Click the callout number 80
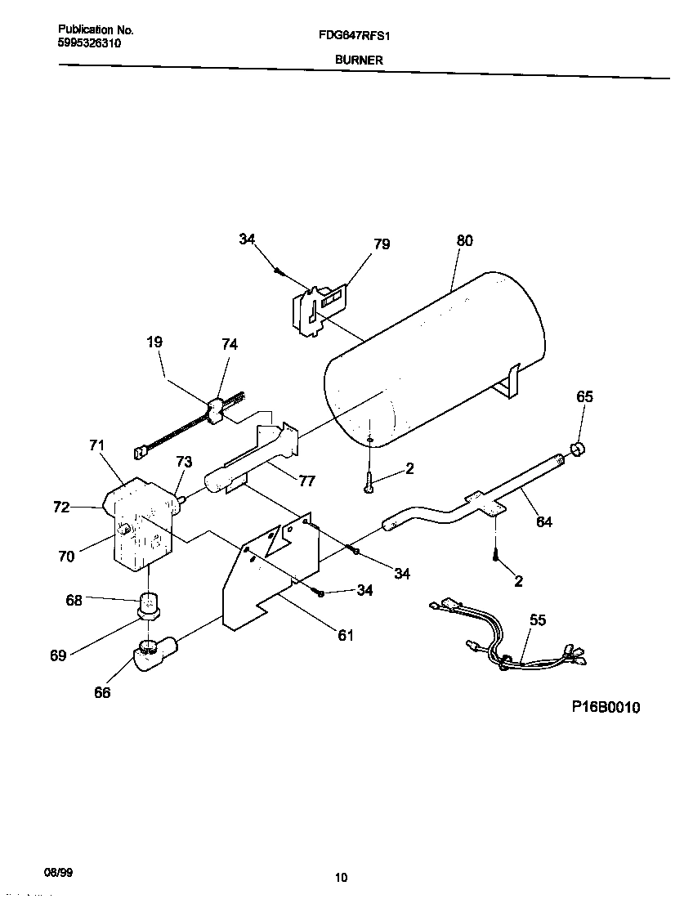click(464, 241)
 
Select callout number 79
click(382, 244)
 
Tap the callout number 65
click(584, 397)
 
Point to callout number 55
click(537, 620)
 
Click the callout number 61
click(346, 635)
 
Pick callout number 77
click(306, 481)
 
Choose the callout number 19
click(155, 344)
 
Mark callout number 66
click(102, 693)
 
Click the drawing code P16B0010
click(606, 707)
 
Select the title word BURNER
click(358, 60)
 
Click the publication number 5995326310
click(90, 43)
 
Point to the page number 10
click(342, 878)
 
